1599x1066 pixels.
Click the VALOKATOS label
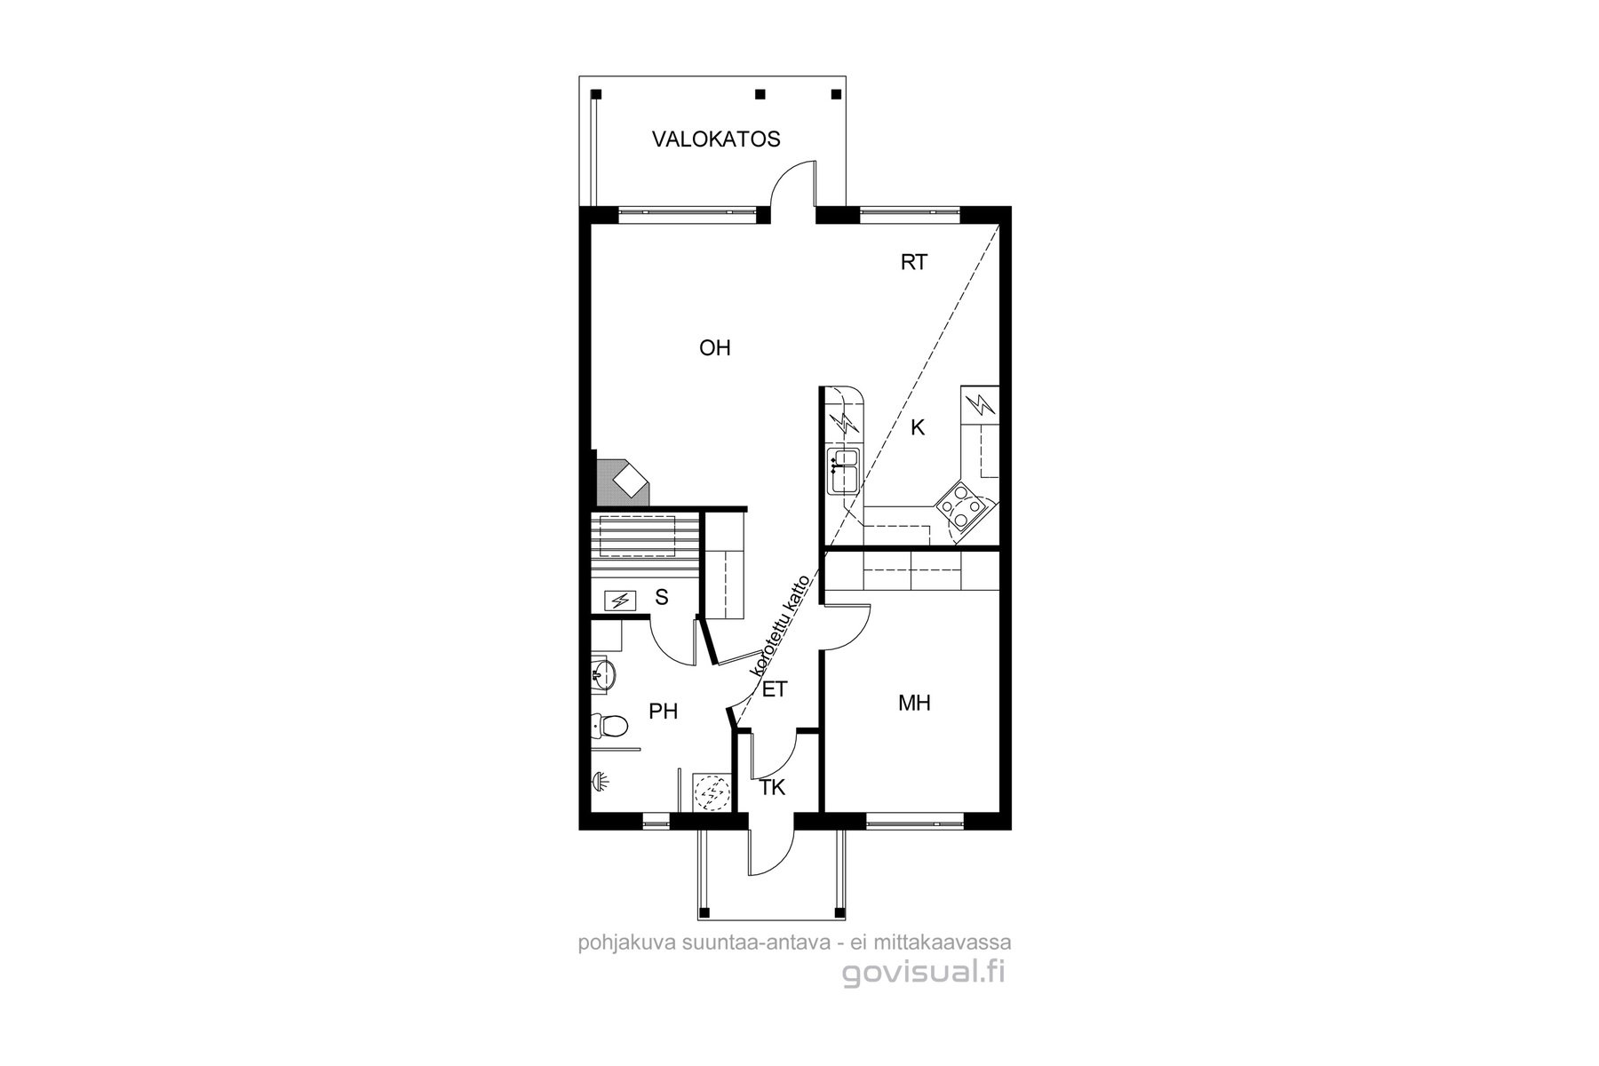pos(716,139)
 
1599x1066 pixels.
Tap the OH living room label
pos(715,348)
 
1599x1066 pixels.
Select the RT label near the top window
pos(914,262)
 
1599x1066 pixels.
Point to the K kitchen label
pos(918,428)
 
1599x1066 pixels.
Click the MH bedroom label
pos(914,704)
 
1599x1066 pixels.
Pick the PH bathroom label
pos(664,712)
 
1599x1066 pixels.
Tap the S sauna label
pos(662,598)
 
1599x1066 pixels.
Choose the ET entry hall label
pos(775,689)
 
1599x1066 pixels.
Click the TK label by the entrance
pos(773,788)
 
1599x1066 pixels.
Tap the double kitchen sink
pos(843,471)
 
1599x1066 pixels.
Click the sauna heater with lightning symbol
pos(620,601)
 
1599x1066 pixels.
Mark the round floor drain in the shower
pos(709,792)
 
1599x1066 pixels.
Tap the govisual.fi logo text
pos(924,974)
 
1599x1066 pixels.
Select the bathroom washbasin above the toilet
pos(603,674)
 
